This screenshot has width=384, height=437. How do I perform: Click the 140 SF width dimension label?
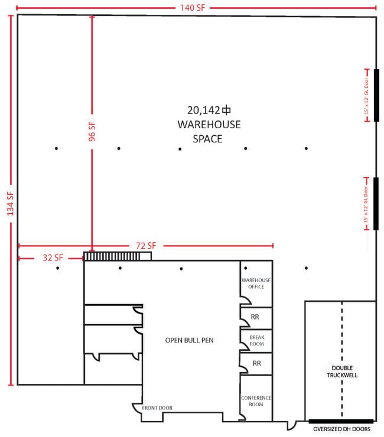coord(193,8)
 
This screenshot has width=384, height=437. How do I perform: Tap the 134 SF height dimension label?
coord(10,204)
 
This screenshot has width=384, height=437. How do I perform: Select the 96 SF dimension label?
coord(92,131)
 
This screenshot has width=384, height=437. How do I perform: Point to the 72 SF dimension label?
coord(146,246)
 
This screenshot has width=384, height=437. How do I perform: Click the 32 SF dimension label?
coord(53,257)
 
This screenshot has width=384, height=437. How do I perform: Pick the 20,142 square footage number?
coord(204,110)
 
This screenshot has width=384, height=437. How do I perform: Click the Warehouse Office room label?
coord(256,283)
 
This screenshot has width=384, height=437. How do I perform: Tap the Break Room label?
coord(257,341)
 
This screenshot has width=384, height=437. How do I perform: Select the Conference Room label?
coord(256,401)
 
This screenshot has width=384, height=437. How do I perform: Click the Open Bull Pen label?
coord(190,340)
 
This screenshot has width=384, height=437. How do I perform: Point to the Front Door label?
coord(157,407)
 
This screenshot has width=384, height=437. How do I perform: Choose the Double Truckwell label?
coord(342,371)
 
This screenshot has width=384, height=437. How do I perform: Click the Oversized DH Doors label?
coord(342,429)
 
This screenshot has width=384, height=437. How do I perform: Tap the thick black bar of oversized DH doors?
coord(341,422)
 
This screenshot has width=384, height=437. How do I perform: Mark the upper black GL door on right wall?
coord(376,95)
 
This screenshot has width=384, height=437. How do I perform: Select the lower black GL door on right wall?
coord(376,204)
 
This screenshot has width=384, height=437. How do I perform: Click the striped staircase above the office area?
coord(118,256)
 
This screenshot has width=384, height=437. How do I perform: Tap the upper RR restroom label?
coord(255,317)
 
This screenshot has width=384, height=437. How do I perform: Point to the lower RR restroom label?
coord(257,363)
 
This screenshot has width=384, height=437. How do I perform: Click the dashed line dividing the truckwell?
coord(342,359)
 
